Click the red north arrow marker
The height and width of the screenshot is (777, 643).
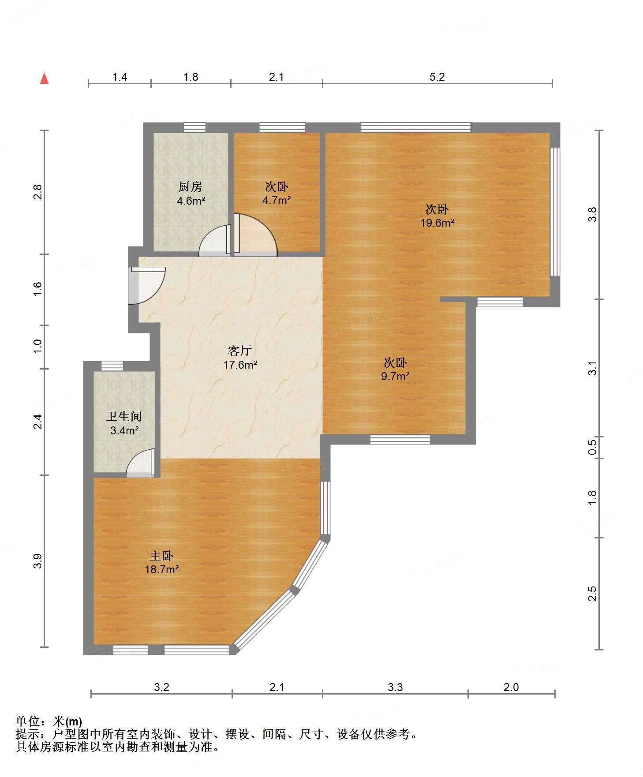[44, 78]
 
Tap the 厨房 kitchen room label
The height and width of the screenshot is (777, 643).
[191, 187]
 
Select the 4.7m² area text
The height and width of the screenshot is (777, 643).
[277, 201]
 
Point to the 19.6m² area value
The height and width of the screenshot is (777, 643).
[437, 223]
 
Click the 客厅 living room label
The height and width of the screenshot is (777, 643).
[240, 351]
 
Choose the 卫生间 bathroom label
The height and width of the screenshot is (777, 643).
[124, 416]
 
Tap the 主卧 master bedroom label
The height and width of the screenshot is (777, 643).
[161, 556]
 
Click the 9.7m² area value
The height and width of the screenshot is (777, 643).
[395, 377]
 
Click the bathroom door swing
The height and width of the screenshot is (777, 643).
[141, 463]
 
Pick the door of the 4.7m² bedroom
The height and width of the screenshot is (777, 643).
[255, 235]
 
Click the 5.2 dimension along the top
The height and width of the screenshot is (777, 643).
[437, 77]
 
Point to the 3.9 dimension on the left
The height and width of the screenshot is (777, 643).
[38, 561]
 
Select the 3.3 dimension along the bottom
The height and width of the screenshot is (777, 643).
[395, 687]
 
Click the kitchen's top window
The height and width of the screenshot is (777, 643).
[194, 127]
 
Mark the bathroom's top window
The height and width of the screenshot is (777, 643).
[112, 366]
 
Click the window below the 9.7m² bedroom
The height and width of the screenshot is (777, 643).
[400, 439]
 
